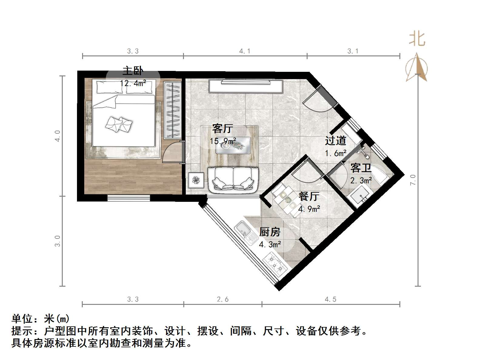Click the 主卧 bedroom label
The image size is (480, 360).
(132, 71)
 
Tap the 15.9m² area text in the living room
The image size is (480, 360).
(223, 141)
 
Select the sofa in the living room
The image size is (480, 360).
(233, 180)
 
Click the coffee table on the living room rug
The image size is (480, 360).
(233, 146)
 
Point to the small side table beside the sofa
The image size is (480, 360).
(196, 180)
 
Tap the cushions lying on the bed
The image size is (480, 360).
(118, 124)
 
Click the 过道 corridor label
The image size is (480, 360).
(335, 141)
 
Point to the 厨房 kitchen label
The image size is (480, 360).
(270, 232)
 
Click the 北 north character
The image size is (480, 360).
(417, 39)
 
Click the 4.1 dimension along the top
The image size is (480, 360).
(245, 51)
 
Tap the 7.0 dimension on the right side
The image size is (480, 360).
(413, 180)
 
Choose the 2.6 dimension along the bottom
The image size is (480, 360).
(222, 299)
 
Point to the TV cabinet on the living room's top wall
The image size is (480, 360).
(245, 86)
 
